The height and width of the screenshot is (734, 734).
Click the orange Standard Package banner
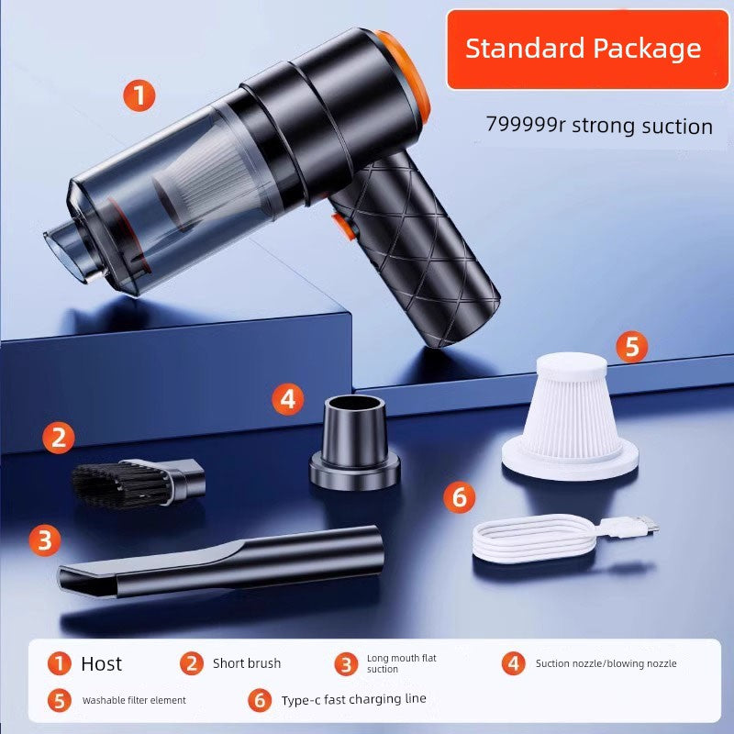(583, 49)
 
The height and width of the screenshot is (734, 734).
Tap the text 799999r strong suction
(598, 125)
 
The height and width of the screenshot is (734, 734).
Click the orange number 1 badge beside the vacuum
(139, 95)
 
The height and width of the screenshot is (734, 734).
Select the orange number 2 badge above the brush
(59, 438)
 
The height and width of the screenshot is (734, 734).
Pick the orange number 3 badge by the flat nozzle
(44, 539)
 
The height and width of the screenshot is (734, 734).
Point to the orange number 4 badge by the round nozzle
(288, 398)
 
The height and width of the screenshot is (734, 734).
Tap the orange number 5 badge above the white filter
(631, 348)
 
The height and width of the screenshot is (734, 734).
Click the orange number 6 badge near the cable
(460, 497)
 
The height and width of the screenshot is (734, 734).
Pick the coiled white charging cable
(532, 542)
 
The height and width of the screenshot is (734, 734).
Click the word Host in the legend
(101, 663)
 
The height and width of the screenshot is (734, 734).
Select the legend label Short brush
(247, 663)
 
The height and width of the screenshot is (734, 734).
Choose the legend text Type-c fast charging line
(353, 699)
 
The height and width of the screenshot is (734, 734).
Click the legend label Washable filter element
(134, 700)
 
